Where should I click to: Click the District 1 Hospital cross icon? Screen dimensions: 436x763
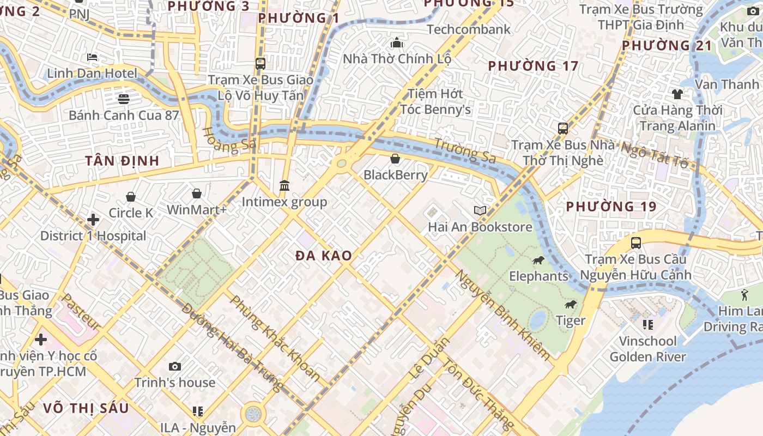[93, 220]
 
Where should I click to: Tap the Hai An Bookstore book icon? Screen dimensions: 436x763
[480, 210]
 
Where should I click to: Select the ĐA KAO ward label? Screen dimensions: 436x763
[324, 256]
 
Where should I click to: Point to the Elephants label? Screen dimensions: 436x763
[538, 276]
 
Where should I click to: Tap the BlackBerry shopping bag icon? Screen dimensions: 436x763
[395, 159]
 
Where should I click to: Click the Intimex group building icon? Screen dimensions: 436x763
[284, 186]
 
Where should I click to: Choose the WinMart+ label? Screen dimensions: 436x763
[197, 210]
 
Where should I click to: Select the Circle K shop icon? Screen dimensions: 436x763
[131, 196]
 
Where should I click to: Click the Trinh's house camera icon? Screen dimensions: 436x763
[175, 366]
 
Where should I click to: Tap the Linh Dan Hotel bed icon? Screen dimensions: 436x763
[92, 57]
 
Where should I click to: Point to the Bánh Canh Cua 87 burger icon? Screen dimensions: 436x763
[124, 99]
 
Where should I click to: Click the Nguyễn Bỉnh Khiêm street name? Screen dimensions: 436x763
[502, 315]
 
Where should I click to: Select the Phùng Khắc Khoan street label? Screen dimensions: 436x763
[275, 338]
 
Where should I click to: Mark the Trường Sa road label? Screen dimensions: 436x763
[465, 151]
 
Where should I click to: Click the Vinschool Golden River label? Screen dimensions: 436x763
[647, 349]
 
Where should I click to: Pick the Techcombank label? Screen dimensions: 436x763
[469, 29]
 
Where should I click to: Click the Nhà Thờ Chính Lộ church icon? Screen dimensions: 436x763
[396, 43]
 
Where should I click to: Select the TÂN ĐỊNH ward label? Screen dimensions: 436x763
[122, 161]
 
